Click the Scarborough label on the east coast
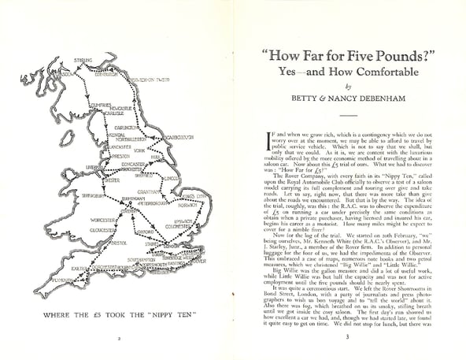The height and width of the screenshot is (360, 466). pyautogui.click(x=179, y=137)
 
